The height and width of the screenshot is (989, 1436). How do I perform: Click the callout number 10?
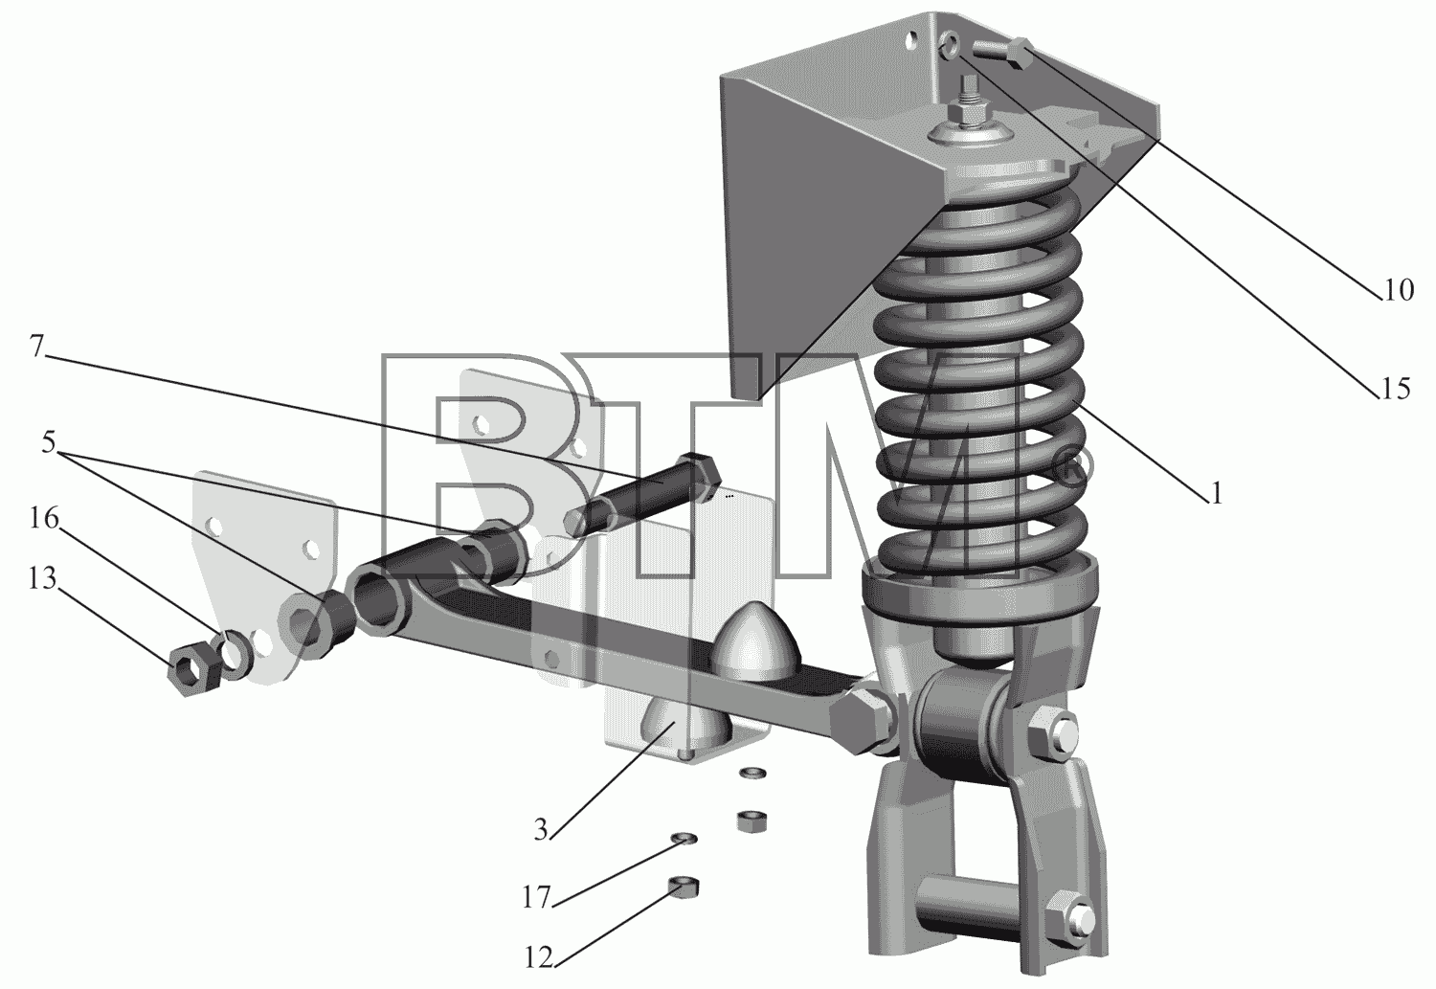pos(1398,290)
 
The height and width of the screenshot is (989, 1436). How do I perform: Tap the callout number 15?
pos(1394,389)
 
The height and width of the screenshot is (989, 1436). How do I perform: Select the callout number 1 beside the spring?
pos(1216,493)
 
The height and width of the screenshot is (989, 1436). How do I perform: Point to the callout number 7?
pos(36,347)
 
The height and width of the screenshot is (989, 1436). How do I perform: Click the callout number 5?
pos(49,441)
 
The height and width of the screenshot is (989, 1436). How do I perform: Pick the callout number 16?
pos(44,518)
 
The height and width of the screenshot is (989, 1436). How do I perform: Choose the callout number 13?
pos(42,578)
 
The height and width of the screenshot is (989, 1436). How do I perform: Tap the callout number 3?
pos(541,830)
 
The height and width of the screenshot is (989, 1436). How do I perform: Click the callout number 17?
pos(536,898)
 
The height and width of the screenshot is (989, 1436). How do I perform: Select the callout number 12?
pos(538,958)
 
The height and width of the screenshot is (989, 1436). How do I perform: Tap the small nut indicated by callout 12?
pos(684,888)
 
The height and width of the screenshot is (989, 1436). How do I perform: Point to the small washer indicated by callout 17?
pos(684,838)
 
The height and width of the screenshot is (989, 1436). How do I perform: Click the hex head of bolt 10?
pos(1020,55)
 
